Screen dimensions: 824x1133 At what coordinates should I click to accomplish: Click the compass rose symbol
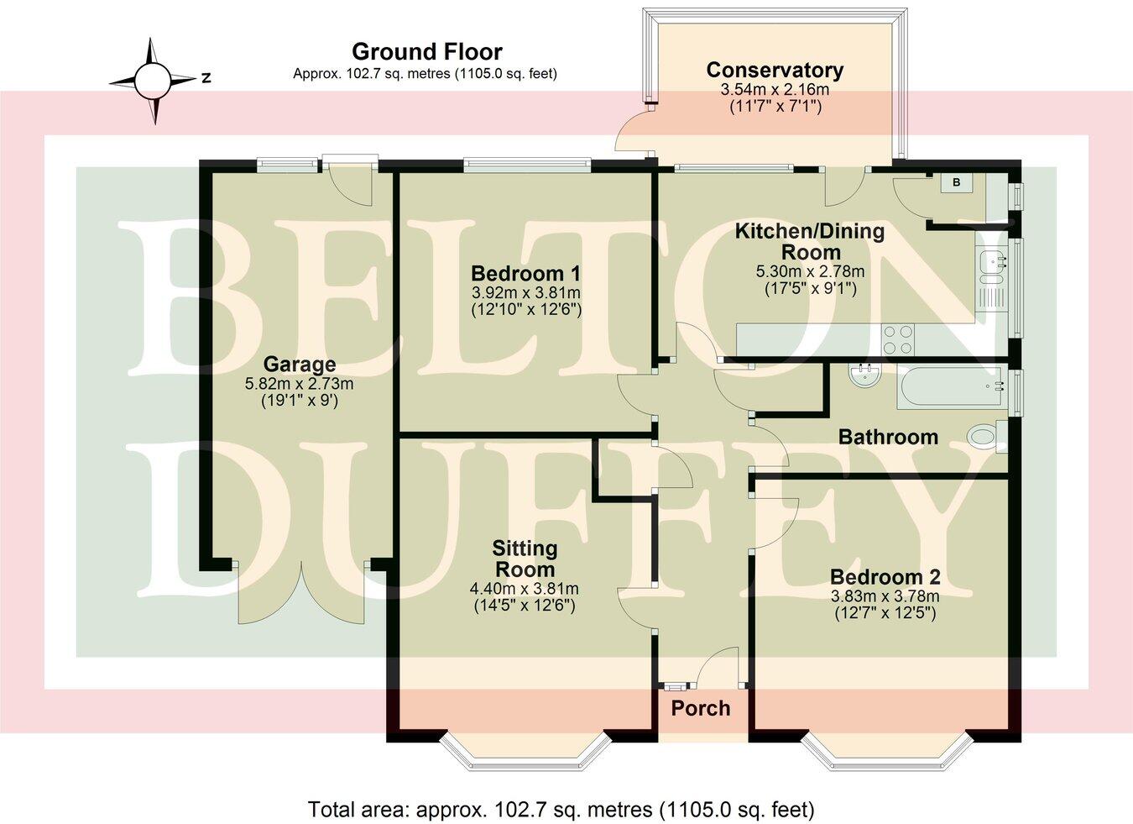pos(153,81)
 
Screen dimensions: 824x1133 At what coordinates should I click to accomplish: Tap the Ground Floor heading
pos(426,51)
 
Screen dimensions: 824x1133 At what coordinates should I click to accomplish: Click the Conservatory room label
pos(774,71)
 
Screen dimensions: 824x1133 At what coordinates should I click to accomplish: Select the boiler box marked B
pos(956,183)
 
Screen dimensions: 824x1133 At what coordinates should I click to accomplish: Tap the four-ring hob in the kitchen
pos(899,340)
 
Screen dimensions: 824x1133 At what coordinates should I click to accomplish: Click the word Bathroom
pos(888,437)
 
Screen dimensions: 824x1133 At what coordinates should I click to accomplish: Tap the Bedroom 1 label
pos(525,274)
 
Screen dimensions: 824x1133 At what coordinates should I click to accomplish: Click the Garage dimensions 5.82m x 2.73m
pos(299,384)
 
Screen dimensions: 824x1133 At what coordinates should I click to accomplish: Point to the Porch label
pos(700,708)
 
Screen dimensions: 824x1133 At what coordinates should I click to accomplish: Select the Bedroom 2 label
pos(885,577)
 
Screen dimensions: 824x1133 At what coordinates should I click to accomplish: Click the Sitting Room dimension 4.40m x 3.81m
pos(525,588)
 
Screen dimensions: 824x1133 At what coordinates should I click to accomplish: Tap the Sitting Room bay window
pos(525,757)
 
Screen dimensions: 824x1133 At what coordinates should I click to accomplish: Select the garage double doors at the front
pos(303,592)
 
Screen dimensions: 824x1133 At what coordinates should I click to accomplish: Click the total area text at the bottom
pos(561,810)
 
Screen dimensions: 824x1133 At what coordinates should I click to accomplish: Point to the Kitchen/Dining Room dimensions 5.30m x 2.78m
pos(810,271)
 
